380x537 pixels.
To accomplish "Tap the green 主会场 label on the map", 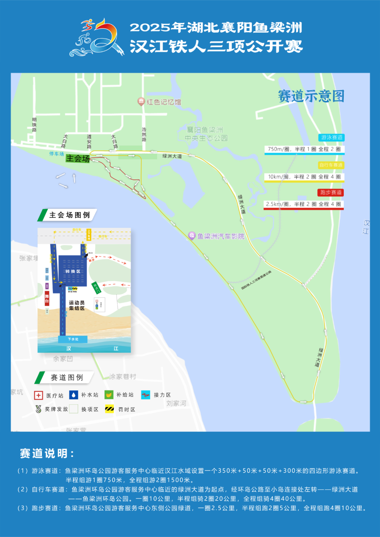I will coord(78,159).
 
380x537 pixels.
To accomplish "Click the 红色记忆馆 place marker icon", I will coord(141,102).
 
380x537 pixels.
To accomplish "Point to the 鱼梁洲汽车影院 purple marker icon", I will coord(192,236).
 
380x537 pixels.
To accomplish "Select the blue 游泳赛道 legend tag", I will coord(331,138).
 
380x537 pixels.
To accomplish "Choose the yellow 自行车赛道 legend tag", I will coord(330,165).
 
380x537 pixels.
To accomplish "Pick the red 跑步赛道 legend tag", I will coord(331,192).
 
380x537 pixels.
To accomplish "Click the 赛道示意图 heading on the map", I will coord(311,96).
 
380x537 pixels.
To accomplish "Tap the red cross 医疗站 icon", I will coord(38,395).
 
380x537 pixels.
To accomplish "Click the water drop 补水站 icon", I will coord(74,395).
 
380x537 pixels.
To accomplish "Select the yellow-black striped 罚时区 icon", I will coord(109,409).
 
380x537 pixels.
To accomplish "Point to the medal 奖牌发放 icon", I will coord(38,409).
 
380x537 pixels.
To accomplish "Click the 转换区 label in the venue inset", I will coord(73,271).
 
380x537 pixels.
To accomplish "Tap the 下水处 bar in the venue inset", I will coord(73,339).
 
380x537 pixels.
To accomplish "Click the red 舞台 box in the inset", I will coord(47,299).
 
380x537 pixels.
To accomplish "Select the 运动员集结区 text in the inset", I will coord(77,305).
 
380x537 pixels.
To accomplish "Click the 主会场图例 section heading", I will coord(69,215).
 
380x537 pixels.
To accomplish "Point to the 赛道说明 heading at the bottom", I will coord(46,453).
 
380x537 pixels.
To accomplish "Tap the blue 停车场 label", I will coord(57,154).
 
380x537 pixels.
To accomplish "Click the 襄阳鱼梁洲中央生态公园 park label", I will coord(206,134).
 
